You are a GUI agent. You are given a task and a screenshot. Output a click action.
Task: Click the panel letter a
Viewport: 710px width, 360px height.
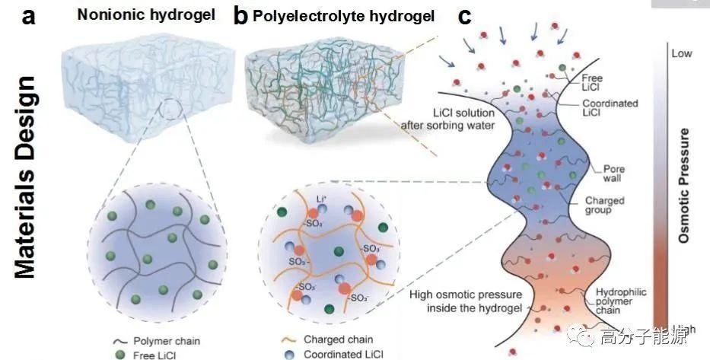29,17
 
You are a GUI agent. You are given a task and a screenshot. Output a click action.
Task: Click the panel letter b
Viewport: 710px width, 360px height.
240,16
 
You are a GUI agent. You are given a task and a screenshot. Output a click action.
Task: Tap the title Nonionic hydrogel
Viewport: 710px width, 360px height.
136,15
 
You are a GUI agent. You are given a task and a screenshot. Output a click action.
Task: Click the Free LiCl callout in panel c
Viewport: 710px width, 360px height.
591,82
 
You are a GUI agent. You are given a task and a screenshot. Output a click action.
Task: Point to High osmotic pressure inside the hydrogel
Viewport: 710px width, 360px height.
456,301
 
